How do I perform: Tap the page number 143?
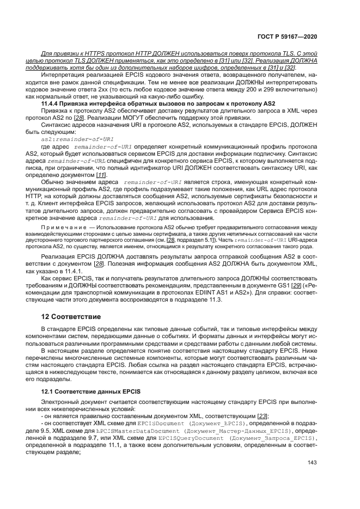(312, 463)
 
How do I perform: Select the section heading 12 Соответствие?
(70, 317)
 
